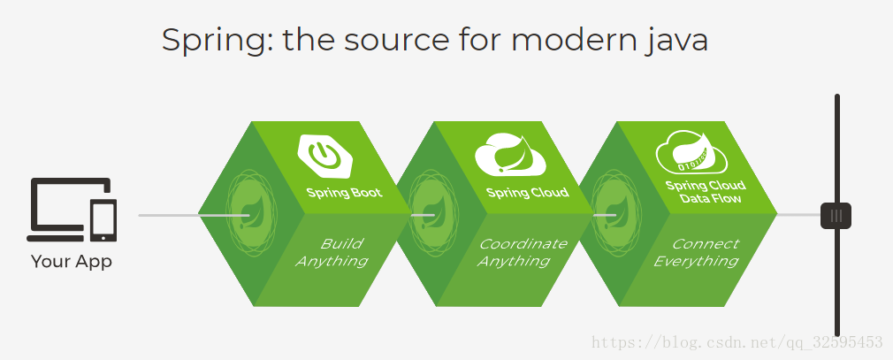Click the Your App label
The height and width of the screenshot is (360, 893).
click(72, 262)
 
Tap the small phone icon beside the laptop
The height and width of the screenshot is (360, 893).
click(103, 220)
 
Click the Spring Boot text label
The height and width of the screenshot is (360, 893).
click(345, 193)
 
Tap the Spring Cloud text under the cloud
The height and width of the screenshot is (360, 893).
click(527, 193)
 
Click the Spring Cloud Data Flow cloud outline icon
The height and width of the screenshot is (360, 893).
click(691, 151)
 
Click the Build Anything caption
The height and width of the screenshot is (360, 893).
click(332, 252)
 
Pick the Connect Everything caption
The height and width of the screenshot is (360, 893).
click(697, 252)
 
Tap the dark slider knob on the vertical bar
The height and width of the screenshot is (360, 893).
click(836, 216)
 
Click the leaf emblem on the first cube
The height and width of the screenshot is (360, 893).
click(250, 213)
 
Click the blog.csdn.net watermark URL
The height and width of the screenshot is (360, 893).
click(737, 342)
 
